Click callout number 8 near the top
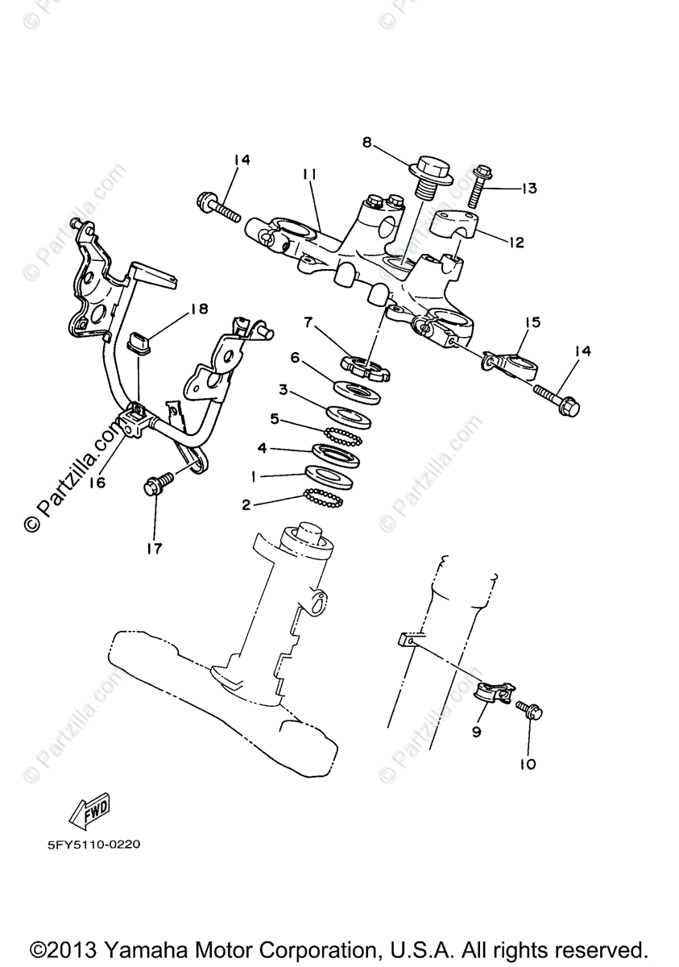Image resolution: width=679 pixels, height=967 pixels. coord(366,143)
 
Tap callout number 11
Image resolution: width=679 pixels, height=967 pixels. coord(310,174)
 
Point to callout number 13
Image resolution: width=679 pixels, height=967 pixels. coord(528,189)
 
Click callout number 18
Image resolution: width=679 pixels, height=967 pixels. coord(199,309)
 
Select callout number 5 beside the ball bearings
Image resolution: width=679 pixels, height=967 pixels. coord(275,418)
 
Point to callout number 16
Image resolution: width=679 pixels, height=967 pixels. coord(97,483)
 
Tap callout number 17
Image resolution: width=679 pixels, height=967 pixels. coord(154,549)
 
